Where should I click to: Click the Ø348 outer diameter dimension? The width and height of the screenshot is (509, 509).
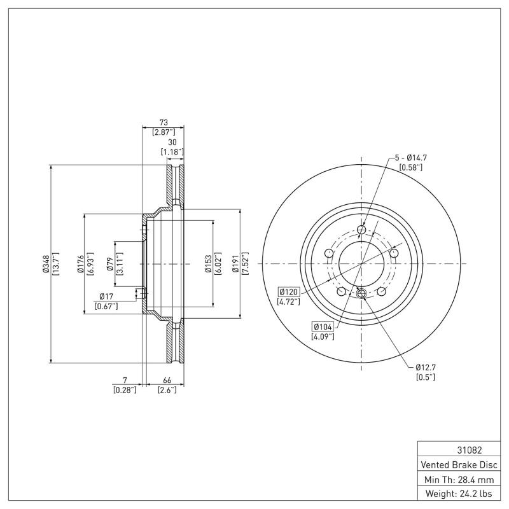coord(46,264)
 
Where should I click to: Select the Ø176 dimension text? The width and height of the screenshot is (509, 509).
coord(81,264)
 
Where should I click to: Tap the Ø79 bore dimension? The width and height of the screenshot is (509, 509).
coord(110,264)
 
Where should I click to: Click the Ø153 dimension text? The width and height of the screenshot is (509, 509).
coord(207,264)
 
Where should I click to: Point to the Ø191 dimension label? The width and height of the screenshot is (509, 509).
coord(236,264)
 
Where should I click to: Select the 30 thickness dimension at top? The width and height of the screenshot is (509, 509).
coord(171,142)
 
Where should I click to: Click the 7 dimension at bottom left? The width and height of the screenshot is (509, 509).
coord(125,380)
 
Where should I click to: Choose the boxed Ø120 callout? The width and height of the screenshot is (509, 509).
coord(288,291)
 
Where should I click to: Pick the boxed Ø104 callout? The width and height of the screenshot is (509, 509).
coord(323,326)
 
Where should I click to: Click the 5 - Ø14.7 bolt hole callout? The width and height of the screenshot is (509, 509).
coord(410,157)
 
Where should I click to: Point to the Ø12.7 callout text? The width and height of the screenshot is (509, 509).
coord(426,367)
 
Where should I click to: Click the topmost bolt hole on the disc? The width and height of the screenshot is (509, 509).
coord(361,230)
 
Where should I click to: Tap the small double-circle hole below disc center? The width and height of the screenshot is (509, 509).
coord(361,293)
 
